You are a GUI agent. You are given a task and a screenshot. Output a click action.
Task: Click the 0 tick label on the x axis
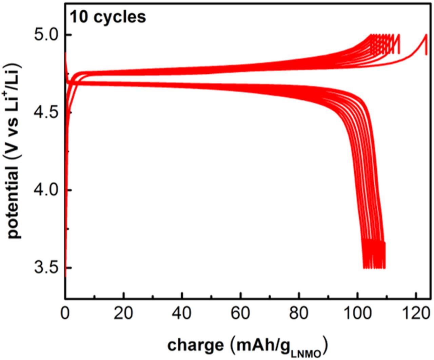click(65, 312)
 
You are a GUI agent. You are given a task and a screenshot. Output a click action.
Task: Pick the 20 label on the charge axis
click(124, 312)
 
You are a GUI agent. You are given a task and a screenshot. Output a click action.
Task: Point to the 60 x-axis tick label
click(241, 312)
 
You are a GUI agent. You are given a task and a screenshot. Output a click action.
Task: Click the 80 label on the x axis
click(299, 312)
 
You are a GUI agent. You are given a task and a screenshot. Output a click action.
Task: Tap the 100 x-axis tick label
click(357, 312)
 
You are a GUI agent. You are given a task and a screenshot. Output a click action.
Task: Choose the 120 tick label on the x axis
click(416, 312)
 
